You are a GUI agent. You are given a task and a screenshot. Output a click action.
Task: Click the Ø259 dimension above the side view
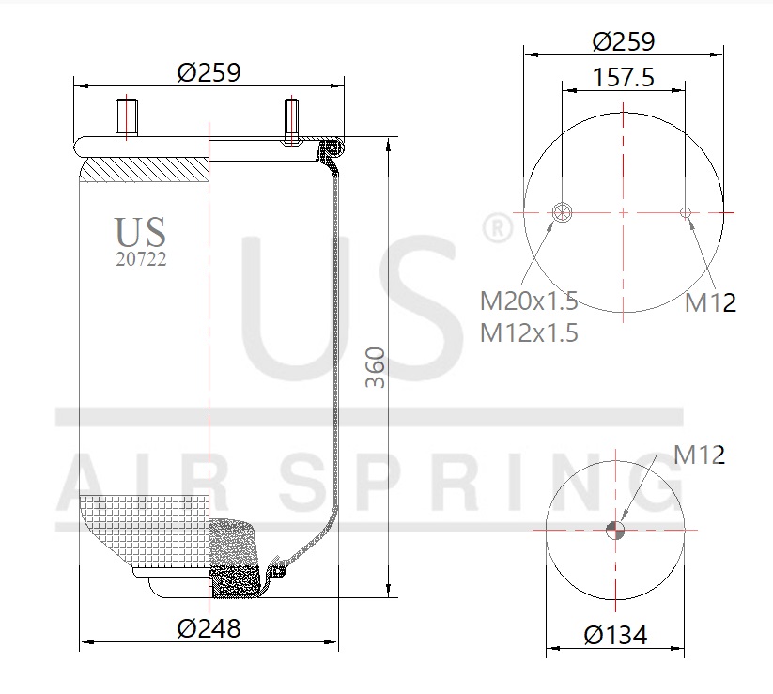tap(209, 72)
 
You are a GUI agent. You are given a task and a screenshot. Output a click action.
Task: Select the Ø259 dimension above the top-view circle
tap(623, 41)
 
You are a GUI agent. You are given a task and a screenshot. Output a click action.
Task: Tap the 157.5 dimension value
tap(623, 78)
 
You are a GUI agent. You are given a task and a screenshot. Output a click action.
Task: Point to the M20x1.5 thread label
tap(529, 301)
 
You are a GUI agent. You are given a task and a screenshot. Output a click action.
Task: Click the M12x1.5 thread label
tap(529, 332)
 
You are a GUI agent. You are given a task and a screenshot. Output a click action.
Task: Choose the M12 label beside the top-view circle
tap(710, 302)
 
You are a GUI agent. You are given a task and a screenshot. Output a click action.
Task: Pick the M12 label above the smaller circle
tap(700, 455)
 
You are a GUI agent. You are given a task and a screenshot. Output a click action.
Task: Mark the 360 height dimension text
tap(375, 368)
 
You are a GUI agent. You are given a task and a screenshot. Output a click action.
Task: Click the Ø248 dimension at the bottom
tap(209, 628)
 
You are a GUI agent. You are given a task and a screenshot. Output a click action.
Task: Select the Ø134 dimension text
tap(615, 635)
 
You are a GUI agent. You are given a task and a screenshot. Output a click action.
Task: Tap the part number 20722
tap(140, 260)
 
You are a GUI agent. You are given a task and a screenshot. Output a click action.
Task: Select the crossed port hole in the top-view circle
tap(563, 212)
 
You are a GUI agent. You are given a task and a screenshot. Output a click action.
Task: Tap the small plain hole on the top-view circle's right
tap(686, 212)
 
